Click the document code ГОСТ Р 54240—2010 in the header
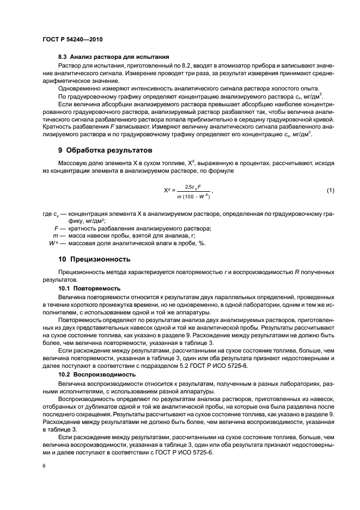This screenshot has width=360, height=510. [72, 40]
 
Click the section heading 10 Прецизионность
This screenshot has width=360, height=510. [97, 258]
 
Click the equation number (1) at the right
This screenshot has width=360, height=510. [330, 190]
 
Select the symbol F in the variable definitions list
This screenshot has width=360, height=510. [56, 228]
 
